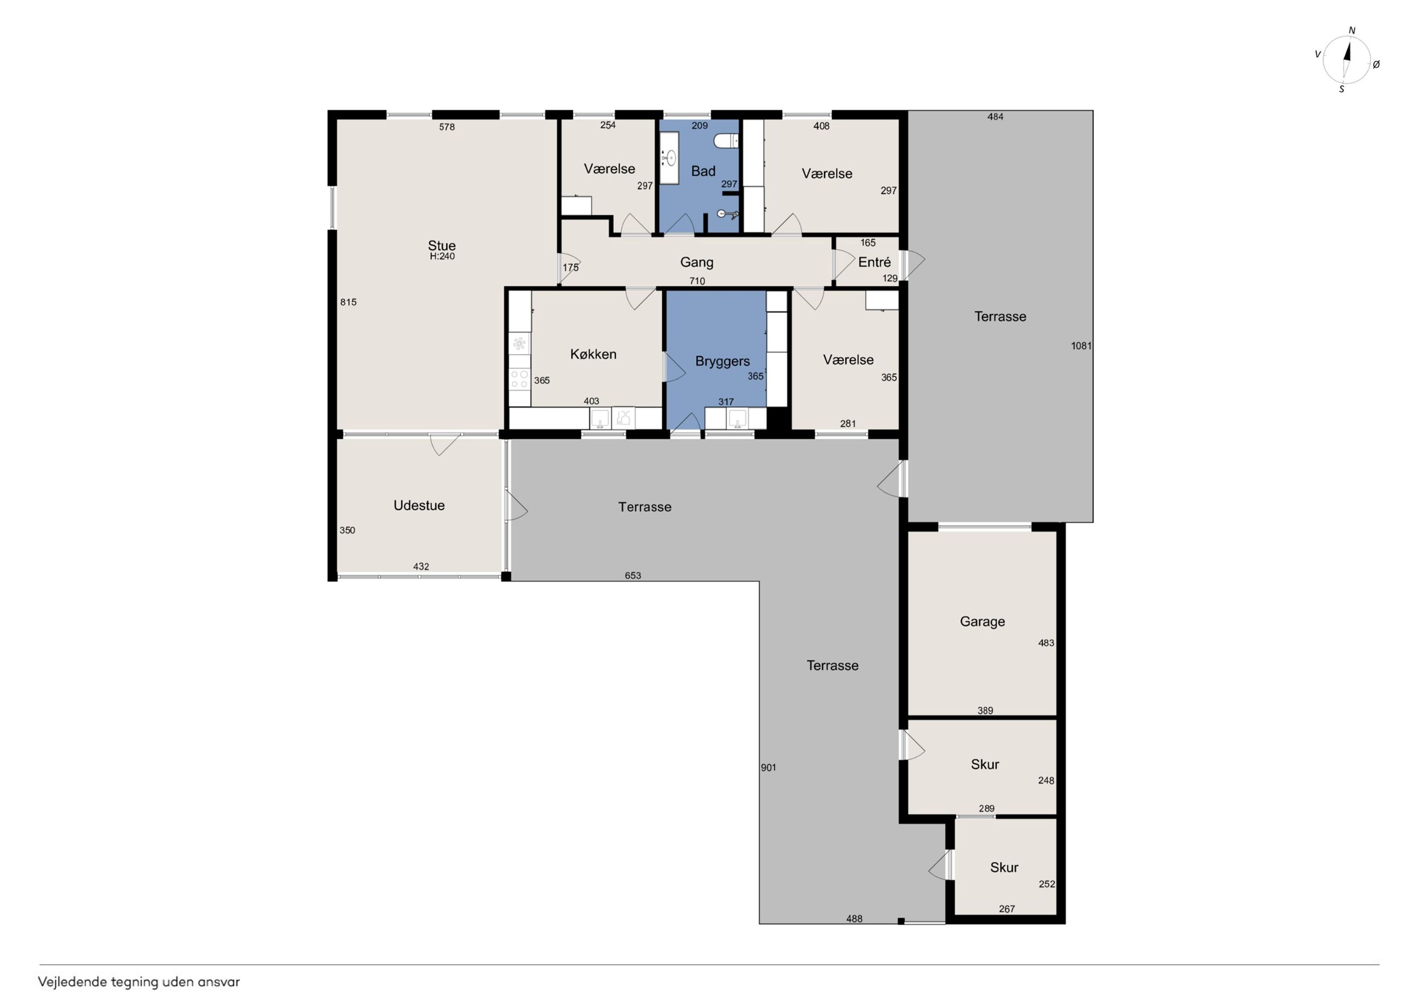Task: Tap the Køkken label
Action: point(593,355)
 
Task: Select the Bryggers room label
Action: point(723,361)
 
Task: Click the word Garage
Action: point(982,622)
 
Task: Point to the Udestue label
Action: point(419,505)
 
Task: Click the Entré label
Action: point(874,262)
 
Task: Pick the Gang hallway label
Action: point(697,262)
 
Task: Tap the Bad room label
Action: point(703,172)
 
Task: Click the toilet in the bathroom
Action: point(726,141)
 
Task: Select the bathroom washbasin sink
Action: point(669,158)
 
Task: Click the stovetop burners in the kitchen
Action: point(519,379)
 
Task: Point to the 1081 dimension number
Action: point(1081,346)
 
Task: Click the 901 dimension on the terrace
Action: point(768,767)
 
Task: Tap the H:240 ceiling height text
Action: point(442,256)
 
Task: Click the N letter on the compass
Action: point(1352,30)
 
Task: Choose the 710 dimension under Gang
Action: point(697,281)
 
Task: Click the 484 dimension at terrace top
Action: point(995,116)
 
